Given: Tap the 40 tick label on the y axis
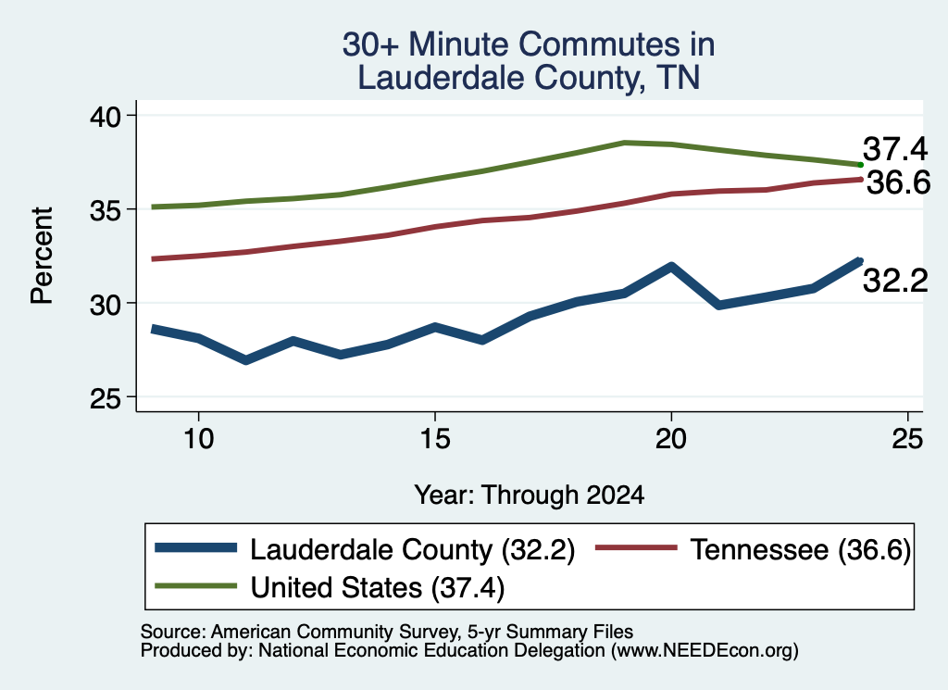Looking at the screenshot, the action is [106, 116].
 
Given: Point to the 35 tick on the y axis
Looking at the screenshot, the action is [106, 210].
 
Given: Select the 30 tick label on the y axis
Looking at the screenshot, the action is [106, 304].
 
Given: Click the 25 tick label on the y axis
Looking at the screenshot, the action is [106, 398].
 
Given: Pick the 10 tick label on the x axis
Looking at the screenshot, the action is [199, 438].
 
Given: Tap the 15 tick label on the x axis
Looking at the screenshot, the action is [435, 438].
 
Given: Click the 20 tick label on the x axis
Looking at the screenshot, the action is [671, 438].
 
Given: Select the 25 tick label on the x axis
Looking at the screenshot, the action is [907, 438].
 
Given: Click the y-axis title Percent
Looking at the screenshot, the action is [42, 256].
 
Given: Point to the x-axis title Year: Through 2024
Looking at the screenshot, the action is [529, 495].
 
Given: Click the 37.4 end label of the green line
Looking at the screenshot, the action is [895, 149].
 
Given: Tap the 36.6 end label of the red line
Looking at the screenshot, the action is [898, 182].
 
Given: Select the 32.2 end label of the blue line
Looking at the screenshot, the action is [895, 281].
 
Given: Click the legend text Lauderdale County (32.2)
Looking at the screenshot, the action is [412, 550].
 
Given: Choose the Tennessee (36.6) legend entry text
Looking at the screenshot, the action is [801, 550].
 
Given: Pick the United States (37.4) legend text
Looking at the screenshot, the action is [378, 587].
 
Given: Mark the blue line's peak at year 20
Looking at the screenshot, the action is [671, 266].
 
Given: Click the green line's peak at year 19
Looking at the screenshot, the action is [624, 143].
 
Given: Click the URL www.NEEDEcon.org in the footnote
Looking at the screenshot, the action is [705, 650].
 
